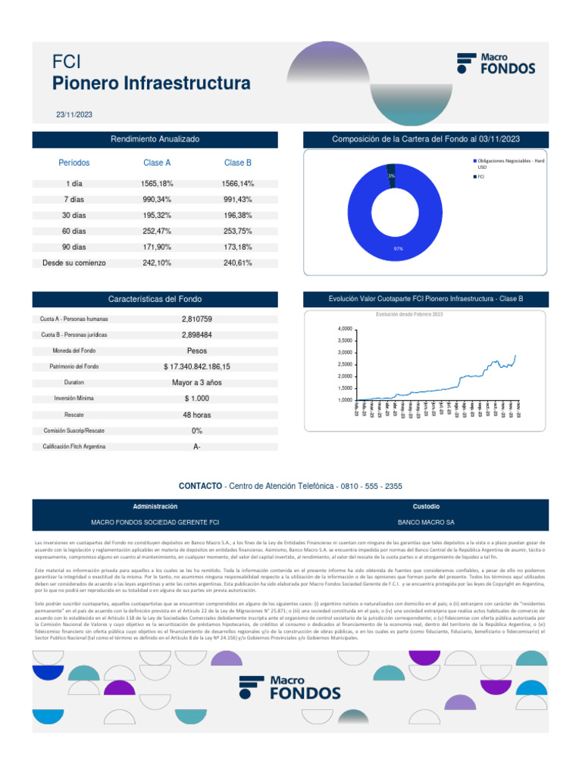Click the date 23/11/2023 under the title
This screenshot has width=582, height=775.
point(74,114)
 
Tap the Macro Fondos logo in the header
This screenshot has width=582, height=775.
point(496,63)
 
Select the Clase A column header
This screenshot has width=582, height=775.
point(157,163)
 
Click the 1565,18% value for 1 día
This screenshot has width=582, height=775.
point(157,184)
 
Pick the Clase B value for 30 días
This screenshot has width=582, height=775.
point(238,216)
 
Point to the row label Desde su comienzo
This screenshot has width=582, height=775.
point(74,263)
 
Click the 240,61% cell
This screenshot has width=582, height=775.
point(238,263)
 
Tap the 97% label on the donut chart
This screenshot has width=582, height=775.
point(398,248)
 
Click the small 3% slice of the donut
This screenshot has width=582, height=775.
point(391,174)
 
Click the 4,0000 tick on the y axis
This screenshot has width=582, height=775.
point(344,329)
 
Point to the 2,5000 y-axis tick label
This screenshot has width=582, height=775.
point(344,365)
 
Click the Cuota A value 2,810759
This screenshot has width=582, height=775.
point(197,319)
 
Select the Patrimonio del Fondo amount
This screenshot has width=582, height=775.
point(197,366)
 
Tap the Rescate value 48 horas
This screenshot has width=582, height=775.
point(197,415)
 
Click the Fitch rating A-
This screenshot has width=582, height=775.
point(197,447)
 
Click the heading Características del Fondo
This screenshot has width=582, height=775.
point(155,299)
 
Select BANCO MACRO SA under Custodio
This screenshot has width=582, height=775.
point(426,522)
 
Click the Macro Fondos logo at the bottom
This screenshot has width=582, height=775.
point(290,686)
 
